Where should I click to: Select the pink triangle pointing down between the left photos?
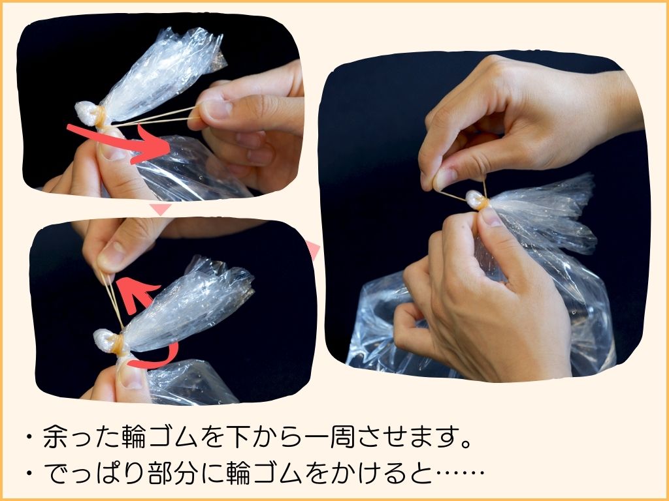coord(161,209)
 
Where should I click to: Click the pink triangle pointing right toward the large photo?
coord(313,250)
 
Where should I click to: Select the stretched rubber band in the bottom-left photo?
coord(112,299)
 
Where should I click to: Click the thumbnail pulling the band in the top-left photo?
coord(216,110)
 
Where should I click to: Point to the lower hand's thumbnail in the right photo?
coord(490,215)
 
